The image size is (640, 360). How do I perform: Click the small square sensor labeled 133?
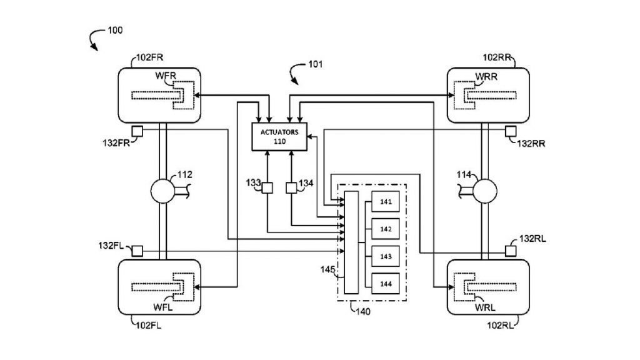[267, 187]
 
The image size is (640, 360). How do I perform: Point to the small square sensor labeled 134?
[291, 187]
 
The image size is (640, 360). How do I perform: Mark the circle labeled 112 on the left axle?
[161, 192]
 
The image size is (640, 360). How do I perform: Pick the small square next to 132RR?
[511, 131]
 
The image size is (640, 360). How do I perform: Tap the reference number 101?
[316, 64]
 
